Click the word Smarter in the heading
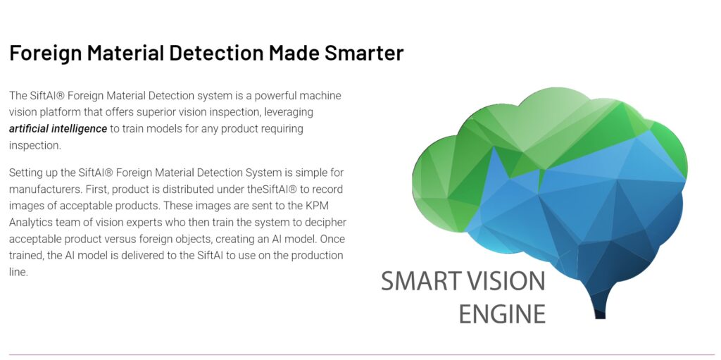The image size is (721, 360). point(364,53)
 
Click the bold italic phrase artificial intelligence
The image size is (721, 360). point(58,129)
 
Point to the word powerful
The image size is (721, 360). point(275,97)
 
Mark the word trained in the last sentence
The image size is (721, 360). point(26,256)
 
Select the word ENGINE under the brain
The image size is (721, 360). point(502,314)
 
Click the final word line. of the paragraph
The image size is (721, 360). point(18,272)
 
